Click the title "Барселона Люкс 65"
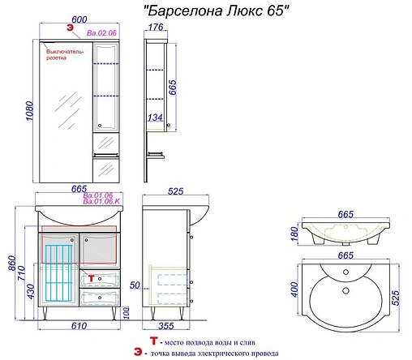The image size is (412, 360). pyautogui.click(x=217, y=11)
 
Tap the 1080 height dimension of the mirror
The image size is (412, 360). pyautogui.click(x=29, y=111)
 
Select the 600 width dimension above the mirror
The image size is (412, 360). pyautogui.click(x=79, y=19)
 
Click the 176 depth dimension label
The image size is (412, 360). pyautogui.click(x=156, y=27)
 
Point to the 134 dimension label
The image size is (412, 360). pyautogui.click(x=155, y=118)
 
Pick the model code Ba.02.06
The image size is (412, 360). pyautogui.click(x=101, y=33)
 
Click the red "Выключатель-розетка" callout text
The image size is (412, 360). pyautogui.click(x=65, y=54)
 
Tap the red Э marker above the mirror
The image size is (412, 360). pyautogui.click(x=70, y=28)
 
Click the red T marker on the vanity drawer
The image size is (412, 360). pyautogui.click(x=91, y=278)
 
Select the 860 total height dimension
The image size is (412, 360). pyautogui.click(x=12, y=264)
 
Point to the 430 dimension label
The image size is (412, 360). pyautogui.click(x=31, y=291)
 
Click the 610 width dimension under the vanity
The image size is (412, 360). pyautogui.click(x=79, y=326)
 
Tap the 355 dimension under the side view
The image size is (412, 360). pyautogui.click(x=166, y=326)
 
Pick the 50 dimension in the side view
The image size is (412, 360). pyautogui.click(x=135, y=285)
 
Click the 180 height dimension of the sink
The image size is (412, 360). pyautogui.click(x=294, y=234)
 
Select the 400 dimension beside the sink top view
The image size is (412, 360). pyautogui.click(x=294, y=289)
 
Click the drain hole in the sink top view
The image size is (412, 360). pyautogui.click(x=345, y=291)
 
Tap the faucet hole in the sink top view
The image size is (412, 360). pyautogui.click(x=345, y=272)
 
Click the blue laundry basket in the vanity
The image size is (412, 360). pyautogui.click(x=59, y=273)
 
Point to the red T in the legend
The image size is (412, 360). pyautogui.click(x=154, y=341)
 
